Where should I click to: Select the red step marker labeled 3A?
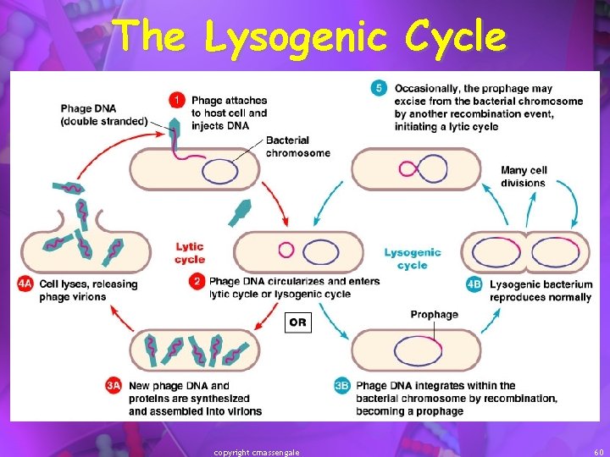pyautogui.click(x=115, y=386)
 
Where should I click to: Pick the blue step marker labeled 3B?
pyautogui.click(x=342, y=386)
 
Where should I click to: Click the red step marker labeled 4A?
pyautogui.click(x=25, y=284)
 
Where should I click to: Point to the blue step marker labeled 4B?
pyautogui.click(x=474, y=285)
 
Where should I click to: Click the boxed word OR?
pyautogui.click(x=297, y=322)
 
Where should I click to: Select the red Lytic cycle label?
pyautogui.click(x=190, y=252)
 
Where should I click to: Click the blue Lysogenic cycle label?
pyautogui.click(x=413, y=258)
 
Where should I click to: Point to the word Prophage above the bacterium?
pyautogui.click(x=434, y=315)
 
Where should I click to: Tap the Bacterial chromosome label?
pyautogui.click(x=297, y=146)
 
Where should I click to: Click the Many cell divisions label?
pyautogui.click(x=524, y=176)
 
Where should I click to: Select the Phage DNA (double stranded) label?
pyautogui.click(x=103, y=115)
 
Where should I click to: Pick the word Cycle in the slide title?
pyautogui.click(x=455, y=36)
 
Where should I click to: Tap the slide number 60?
pyautogui.click(x=598, y=452)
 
